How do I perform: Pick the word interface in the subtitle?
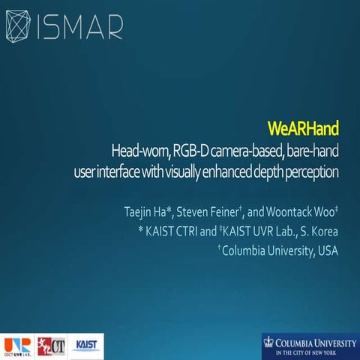[x=119, y=172]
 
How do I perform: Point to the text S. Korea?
[x=319, y=229]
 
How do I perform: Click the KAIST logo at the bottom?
[x=88, y=344]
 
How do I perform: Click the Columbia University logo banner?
[x=310, y=345]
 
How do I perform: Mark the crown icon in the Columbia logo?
[x=270, y=343]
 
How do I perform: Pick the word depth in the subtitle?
[x=263, y=172]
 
